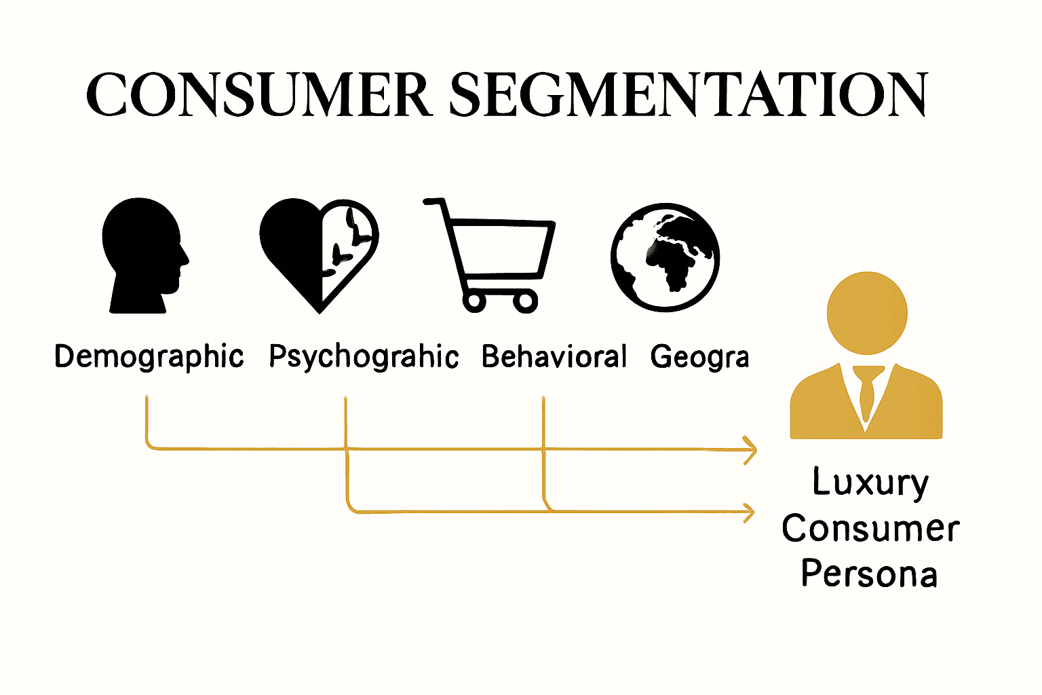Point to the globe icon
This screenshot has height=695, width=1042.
(665, 257)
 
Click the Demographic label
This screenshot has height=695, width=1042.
(149, 356)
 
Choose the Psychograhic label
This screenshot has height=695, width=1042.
(364, 356)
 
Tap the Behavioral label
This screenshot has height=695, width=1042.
(554, 356)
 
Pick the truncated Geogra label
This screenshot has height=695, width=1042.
(699, 356)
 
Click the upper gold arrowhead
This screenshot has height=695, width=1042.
(750, 449)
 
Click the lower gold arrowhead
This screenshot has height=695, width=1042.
(749, 512)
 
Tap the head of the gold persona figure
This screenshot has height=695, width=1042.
(867, 313)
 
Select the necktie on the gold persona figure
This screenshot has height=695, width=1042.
(866, 394)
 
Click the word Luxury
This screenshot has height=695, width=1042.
(870, 483)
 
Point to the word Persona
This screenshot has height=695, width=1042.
(869, 574)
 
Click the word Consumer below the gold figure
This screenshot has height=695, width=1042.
(870, 529)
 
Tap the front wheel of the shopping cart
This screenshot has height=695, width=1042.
(524, 300)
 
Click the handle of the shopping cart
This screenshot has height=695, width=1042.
(435, 202)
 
